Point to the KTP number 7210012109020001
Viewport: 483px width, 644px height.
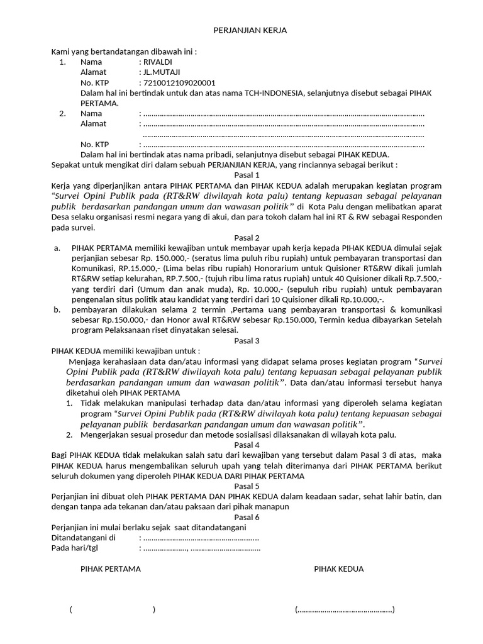(179, 82)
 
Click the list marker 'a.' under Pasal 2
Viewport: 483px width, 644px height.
(57, 248)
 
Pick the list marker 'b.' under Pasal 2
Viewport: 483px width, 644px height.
(57, 309)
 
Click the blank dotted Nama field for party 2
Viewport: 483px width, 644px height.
(283, 114)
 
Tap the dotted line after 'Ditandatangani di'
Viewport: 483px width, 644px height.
(201, 538)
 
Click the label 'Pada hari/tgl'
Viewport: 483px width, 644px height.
(74, 548)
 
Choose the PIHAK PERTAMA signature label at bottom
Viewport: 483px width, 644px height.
(111, 569)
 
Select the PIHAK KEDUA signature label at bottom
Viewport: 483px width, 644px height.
(339, 569)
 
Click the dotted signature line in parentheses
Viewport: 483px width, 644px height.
(345, 609)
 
